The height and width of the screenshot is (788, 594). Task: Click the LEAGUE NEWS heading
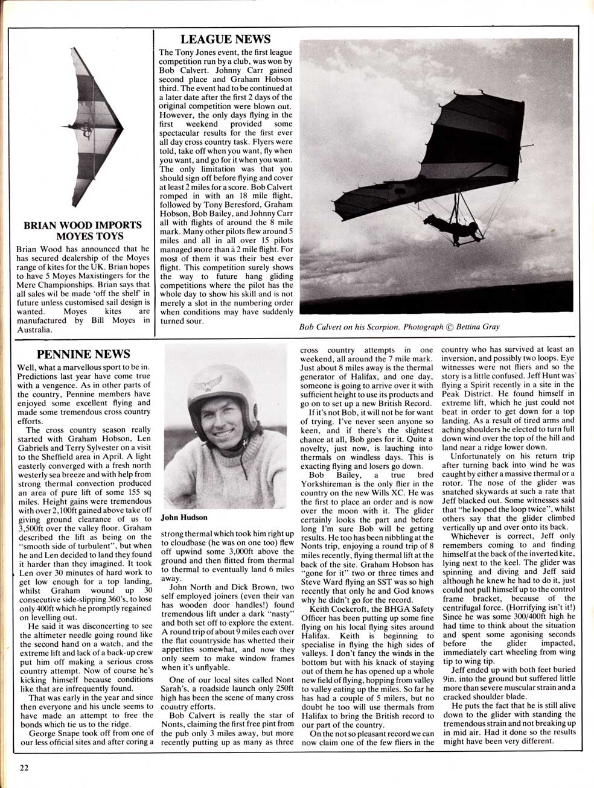coord(225,39)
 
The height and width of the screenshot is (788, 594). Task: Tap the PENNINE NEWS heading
coord(83,354)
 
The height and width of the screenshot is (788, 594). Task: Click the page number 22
coord(23,767)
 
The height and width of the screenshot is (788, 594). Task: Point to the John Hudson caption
coord(185,517)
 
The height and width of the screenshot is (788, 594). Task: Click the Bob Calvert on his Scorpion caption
coord(399,327)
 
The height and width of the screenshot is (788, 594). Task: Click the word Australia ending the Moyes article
coord(34,330)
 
